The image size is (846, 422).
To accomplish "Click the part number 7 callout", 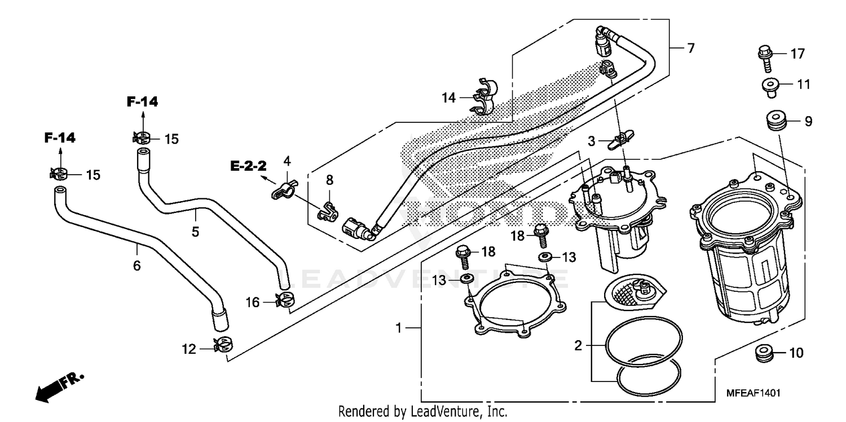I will coord(690,48).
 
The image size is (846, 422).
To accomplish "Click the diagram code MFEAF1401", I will coord(750,393).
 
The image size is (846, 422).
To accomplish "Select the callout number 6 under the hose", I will coord(136,265).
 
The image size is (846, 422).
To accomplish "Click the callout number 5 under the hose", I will coord(195,231).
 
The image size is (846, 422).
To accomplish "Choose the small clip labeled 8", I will coord(328,212).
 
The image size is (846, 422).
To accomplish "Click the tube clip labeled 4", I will coord(284,189).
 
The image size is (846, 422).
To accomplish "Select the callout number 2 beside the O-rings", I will coord(578,345).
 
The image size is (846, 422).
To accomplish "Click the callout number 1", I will coord(399,327).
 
